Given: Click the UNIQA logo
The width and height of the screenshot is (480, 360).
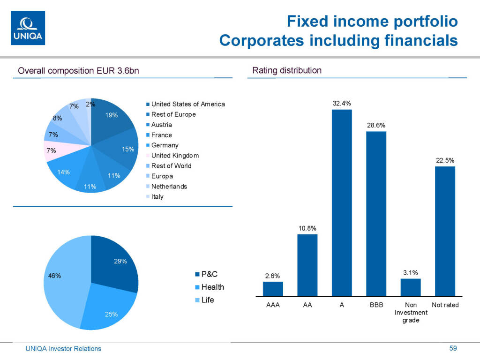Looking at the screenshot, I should pos(28,28).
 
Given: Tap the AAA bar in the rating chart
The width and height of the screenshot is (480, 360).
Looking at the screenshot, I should pos(273,289).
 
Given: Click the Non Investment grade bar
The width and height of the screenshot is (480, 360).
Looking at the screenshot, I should pos(411,287).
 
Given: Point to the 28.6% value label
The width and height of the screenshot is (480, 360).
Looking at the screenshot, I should pos(376,125).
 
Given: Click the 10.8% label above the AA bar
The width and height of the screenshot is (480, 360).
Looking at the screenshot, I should pos(307,228).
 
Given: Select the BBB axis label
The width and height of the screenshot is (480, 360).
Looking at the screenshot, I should pos(376,305).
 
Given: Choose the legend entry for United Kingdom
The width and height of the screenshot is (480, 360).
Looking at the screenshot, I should pos(175,156).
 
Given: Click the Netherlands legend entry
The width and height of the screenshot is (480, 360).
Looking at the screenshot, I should pos(169,187).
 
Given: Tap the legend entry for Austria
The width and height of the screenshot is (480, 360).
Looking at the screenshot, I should pos(161,125).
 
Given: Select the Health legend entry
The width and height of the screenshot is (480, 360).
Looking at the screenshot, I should pos(212,287).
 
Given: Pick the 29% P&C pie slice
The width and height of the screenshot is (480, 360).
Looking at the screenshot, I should pos(115,262).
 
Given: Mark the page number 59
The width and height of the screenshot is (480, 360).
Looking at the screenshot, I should pos(453,348).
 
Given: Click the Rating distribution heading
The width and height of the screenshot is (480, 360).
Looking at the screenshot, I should pos(287,71).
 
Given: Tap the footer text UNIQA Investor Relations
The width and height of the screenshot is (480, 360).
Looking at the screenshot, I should pos(63,349).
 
